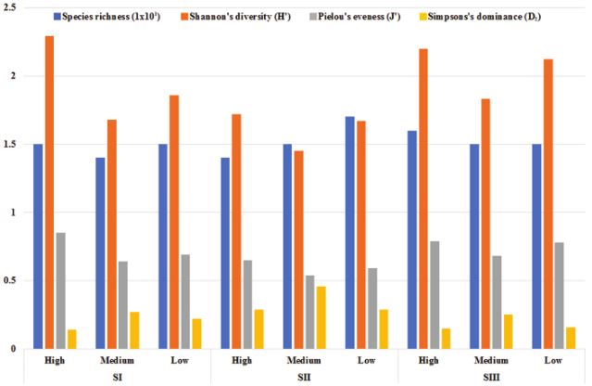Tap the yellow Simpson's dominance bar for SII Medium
321,316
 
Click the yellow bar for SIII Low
572,338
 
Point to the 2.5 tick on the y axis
12,7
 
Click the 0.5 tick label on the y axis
12,280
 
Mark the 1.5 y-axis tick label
12,144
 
